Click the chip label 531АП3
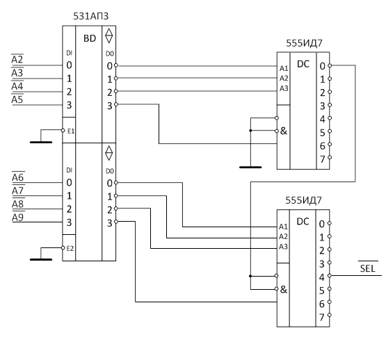coord(91,16)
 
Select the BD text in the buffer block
coord(90,38)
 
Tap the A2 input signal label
coord(17,60)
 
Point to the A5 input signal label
coord(17,99)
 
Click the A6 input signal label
coord(18,177)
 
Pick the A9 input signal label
coord(18,218)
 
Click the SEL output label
coord(367,268)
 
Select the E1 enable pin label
coord(71,131)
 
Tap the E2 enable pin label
coord(70,249)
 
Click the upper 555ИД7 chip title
coord(304,43)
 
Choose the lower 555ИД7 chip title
coord(303,201)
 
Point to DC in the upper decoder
coord(303,64)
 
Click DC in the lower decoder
coord(303,222)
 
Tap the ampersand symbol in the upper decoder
coord(284,131)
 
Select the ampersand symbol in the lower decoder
coord(284,289)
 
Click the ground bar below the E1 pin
coord(41,142)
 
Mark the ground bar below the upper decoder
coord(250,167)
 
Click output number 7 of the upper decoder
coord(323,159)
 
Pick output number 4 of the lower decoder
coord(322,277)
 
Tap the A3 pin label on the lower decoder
coord(283,247)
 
